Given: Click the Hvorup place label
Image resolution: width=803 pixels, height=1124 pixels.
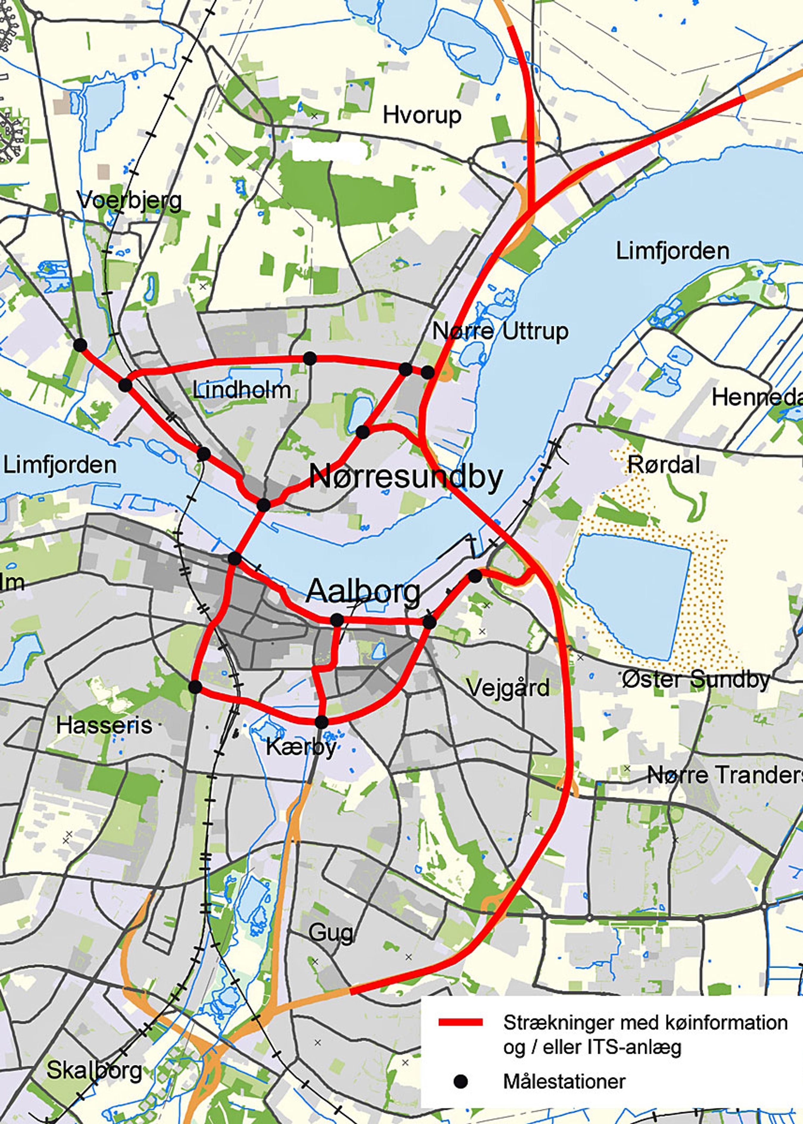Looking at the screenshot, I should point(422,116).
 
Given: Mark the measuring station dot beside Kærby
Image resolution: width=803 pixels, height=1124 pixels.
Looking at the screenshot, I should point(321,722).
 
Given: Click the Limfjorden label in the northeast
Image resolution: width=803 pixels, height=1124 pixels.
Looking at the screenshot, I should point(672,251).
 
